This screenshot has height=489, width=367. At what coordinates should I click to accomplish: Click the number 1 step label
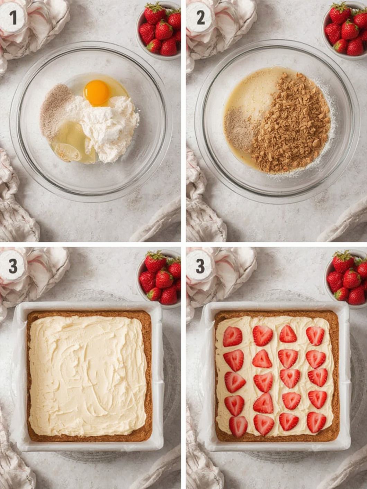point(13,18)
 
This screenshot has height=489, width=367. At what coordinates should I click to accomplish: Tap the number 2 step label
point(201,18)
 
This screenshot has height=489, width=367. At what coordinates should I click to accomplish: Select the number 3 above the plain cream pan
point(13,266)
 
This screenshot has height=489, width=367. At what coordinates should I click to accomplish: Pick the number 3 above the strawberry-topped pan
point(200,266)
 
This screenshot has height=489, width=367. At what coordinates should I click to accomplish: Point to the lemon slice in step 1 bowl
point(68,153)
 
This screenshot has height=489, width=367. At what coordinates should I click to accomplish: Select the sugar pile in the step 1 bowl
point(57,111)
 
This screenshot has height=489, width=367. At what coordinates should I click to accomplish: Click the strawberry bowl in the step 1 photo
point(159,31)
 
